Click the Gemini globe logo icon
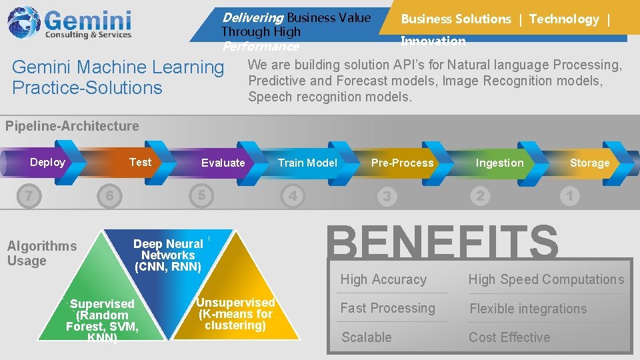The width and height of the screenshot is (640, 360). (x=24, y=22)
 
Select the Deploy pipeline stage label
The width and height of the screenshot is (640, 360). (x=47, y=162)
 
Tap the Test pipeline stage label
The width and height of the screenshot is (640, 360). (x=140, y=162)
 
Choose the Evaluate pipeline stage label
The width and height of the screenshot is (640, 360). (x=223, y=163)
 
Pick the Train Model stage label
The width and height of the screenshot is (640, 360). (x=307, y=163)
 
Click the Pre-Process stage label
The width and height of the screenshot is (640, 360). (x=402, y=163)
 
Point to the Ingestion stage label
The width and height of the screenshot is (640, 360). (x=499, y=163)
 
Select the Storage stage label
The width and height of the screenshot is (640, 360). (x=589, y=163)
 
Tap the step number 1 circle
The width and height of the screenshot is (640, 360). (x=569, y=196)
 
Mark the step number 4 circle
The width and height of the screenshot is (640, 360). (x=293, y=196)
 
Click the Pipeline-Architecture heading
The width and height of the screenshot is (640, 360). (x=72, y=126)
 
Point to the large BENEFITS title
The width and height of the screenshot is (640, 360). (x=443, y=242)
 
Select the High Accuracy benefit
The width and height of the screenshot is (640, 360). (x=383, y=279)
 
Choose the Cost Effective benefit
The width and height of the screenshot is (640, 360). (x=509, y=337)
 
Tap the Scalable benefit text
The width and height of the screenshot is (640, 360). (x=367, y=337)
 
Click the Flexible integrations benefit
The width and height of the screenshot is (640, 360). (x=528, y=309)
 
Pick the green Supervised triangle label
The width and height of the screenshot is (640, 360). (x=102, y=321)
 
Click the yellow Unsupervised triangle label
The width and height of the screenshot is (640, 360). (x=235, y=313)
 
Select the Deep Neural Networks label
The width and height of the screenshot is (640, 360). (x=168, y=255)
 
